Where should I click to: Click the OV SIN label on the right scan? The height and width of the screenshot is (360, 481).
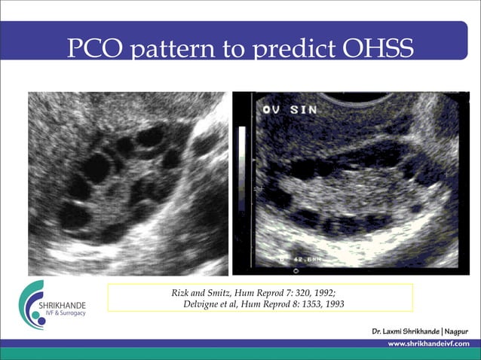click(x=290, y=110)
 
